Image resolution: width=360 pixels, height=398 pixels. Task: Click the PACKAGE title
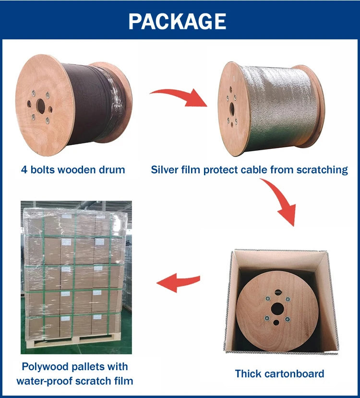[x=177, y=21]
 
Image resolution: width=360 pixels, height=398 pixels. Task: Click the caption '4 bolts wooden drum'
[x=73, y=169]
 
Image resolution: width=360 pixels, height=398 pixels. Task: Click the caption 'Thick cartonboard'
[x=279, y=374]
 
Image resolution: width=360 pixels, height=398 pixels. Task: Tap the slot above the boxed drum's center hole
[x=277, y=291]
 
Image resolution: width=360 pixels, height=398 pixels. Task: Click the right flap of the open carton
[x=333, y=302]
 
